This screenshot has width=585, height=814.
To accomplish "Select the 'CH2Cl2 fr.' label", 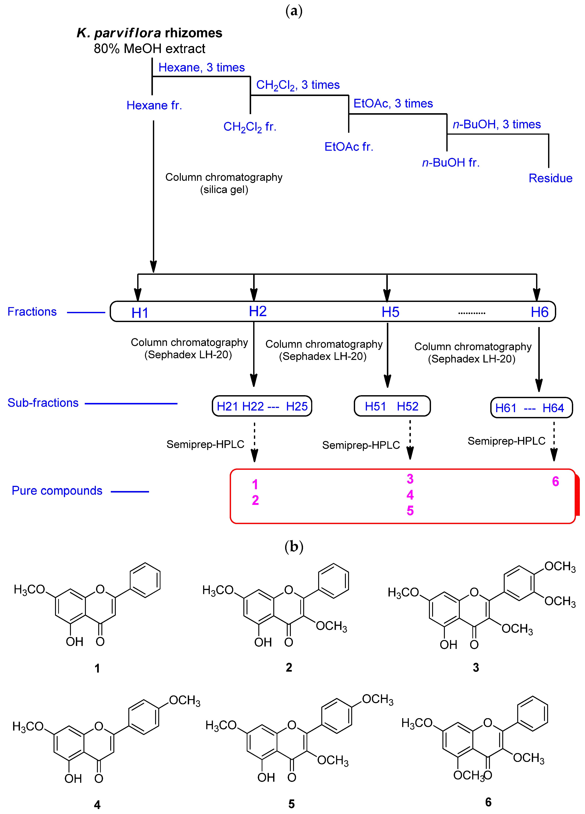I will (250, 127).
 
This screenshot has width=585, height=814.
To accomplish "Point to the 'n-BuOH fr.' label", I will (451, 163).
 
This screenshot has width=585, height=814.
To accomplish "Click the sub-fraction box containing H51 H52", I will (392, 406).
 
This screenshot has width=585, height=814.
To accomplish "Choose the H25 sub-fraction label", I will (297, 406).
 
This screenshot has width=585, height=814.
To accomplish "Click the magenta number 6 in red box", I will (555, 481).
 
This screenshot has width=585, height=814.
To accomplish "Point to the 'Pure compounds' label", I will (57, 491).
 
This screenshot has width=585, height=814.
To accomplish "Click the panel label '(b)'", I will (294, 547).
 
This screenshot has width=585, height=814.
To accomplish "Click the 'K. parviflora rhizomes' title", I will (149, 33).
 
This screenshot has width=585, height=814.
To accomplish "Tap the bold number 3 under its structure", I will (475, 668).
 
